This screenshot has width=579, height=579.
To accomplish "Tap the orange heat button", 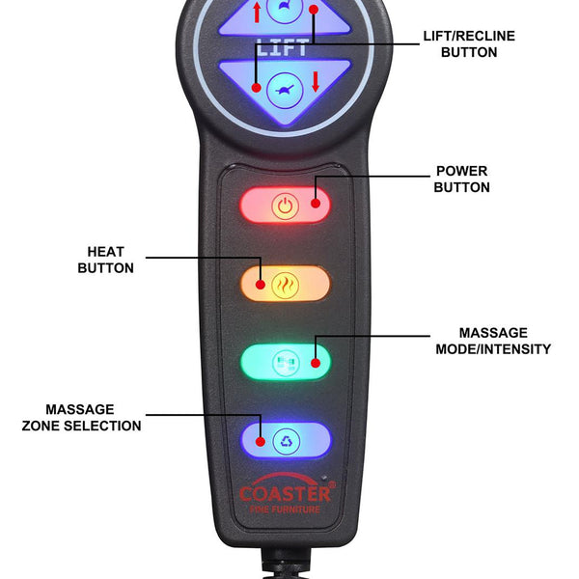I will [285, 284].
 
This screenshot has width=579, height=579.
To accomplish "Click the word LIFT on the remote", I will [284, 45].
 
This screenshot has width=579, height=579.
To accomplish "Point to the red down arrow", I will [315, 81].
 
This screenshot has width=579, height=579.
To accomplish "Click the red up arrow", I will [257, 13].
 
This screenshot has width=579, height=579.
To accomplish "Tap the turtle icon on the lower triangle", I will [284, 89].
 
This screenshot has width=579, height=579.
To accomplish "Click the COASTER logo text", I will [286, 493].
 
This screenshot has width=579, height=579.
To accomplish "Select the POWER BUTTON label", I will [461, 179].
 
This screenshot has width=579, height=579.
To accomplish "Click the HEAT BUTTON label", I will [106, 261].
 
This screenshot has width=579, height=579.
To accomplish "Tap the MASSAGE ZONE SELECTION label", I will [93, 418].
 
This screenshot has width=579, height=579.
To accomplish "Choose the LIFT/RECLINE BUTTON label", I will [469, 43].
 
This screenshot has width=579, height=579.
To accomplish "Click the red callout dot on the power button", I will [315, 204].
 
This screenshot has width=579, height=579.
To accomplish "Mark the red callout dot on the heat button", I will [261, 284].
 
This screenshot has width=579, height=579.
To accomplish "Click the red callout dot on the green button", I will [315, 364].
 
